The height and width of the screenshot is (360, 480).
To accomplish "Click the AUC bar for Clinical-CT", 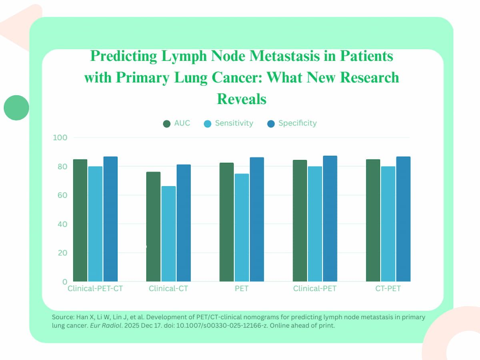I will click(153, 227).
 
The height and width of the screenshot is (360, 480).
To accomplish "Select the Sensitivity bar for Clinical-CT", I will click(168, 234).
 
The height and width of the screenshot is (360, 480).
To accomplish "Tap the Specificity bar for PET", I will click(257, 220).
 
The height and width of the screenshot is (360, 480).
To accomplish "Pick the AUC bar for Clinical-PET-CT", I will click(80, 220).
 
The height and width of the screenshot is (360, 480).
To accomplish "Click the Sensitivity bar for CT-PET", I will click(388, 224).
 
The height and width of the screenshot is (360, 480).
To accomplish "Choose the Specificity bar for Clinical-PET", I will click(330, 219).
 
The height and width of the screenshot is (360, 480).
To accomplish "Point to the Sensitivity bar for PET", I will click(242, 228).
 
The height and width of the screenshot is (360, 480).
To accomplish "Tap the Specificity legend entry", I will click(292, 123).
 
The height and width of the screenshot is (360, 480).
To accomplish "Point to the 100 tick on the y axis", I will click(60, 138).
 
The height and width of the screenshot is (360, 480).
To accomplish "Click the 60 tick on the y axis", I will click(62, 195).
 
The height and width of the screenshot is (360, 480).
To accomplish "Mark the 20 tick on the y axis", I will click(62, 253).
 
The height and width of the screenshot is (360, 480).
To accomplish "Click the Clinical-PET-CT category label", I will click(95, 288).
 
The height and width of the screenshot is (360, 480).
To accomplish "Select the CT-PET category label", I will click(388, 288).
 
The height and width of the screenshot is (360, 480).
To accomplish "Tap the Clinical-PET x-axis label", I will click(315, 288).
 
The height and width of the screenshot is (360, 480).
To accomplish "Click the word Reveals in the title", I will click(242, 98).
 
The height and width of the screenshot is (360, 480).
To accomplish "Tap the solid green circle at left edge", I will click(16, 108).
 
